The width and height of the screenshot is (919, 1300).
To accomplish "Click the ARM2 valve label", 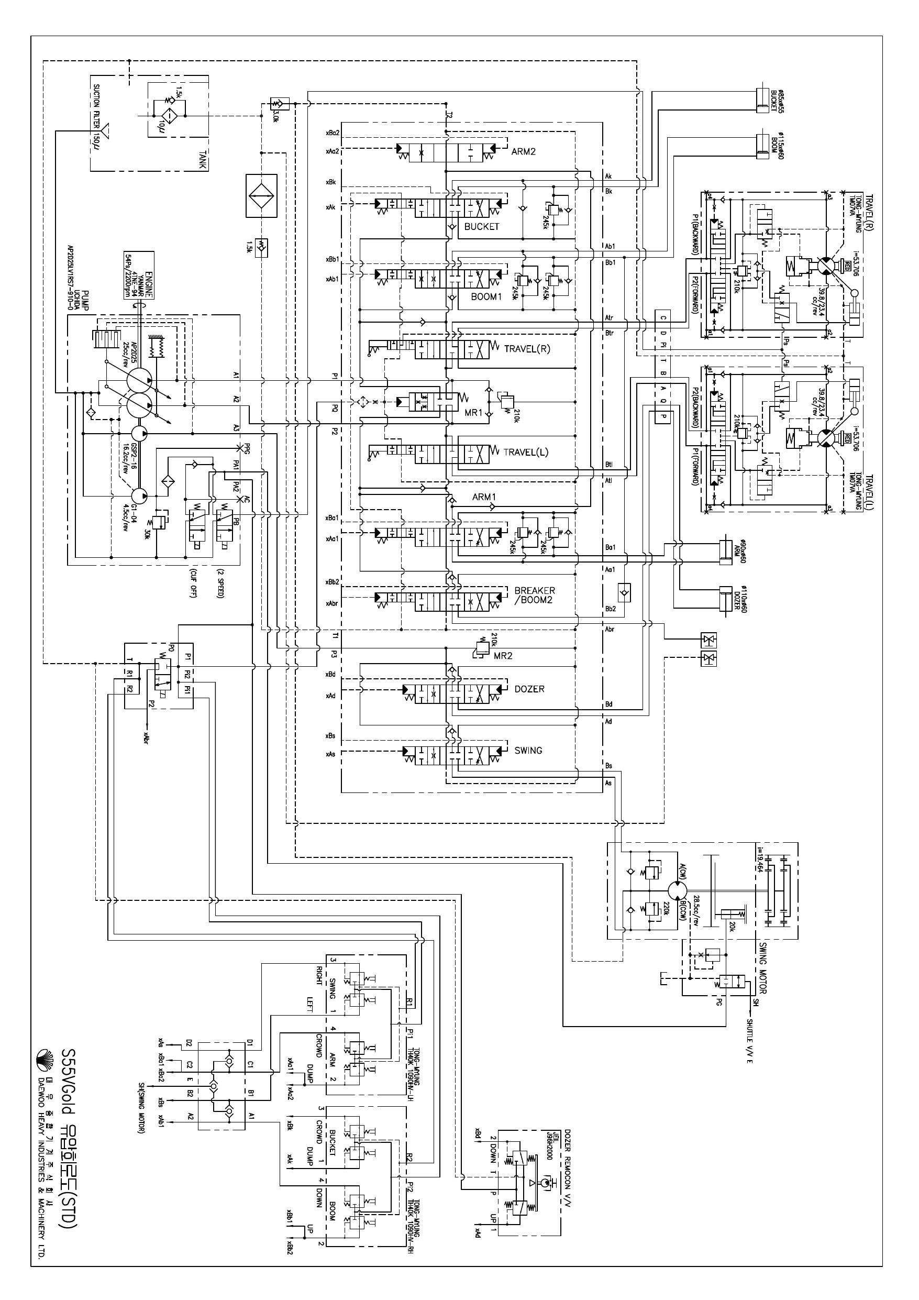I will point(523,152).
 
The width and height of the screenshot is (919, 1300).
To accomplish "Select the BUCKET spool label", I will point(481,226).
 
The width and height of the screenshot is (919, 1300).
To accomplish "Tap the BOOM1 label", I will point(486,296).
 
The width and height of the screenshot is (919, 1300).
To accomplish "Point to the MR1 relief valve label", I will point(473,413).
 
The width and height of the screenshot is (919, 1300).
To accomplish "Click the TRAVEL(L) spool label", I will point(526,452).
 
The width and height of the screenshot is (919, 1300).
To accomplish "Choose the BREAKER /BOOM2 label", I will point(534,595).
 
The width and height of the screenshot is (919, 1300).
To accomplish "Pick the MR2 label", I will point(503,656).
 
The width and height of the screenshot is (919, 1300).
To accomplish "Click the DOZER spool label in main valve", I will point(529,689).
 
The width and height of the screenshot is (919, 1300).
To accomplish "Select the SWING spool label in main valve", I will point(528,750).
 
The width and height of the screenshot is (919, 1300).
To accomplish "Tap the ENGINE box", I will point(139,275).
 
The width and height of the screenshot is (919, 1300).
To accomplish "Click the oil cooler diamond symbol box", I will point(261,195).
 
